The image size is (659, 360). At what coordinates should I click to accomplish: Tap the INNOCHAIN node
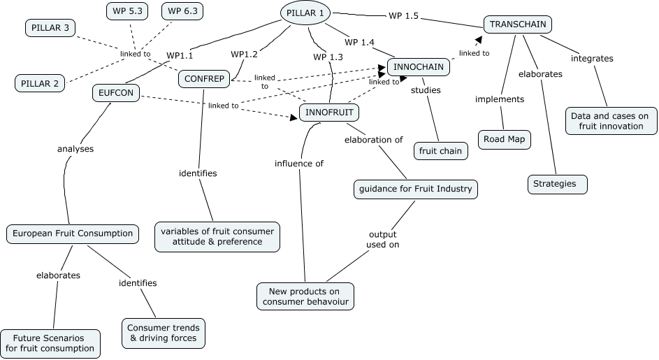[419, 67]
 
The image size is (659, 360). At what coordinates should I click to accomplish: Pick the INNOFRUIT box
[329, 112]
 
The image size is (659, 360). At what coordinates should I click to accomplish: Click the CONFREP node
[204, 79]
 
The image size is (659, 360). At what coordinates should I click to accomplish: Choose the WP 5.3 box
[129, 11]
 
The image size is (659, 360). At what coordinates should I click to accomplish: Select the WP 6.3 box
[184, 11]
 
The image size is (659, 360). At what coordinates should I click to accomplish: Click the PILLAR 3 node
[51, 28]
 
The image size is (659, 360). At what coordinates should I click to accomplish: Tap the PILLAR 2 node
[40, 84]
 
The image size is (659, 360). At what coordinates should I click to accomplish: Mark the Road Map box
[504, 139]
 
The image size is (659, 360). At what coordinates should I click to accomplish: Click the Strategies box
[556, 184]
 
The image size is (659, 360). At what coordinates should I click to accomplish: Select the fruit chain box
[440, 150]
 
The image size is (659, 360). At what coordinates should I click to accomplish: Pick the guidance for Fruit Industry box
[415, 188]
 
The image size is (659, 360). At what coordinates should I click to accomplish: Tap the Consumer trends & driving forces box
[164, 333]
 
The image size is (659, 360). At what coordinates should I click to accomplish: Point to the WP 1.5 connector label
[403, 16]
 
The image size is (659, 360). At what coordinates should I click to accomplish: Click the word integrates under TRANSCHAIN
[592, 59]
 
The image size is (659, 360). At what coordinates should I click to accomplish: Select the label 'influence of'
[298, 164]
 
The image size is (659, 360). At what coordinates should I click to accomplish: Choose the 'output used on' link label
[383, 239]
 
